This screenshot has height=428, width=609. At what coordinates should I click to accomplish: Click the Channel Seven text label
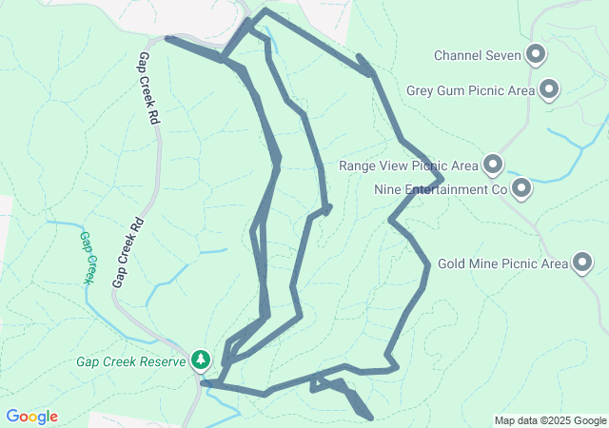tap(478, 55)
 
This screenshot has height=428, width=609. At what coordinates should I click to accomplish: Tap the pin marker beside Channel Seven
tap(537, 54)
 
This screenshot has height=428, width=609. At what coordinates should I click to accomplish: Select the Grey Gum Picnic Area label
tap(470, 91)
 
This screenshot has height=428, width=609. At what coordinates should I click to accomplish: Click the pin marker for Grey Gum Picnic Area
tap(548, 90)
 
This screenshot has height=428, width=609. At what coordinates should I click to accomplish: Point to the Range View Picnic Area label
tap(408, 165)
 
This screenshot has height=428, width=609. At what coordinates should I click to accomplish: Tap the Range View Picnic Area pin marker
tap(493, 165)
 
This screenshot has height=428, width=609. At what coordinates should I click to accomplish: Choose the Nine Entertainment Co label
tap(439, 189)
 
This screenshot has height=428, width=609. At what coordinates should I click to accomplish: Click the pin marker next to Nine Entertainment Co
tap(521, 188)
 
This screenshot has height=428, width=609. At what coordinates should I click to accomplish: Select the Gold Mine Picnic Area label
tap(502, 263)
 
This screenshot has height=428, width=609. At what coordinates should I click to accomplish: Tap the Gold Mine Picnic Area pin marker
tap(582, 263)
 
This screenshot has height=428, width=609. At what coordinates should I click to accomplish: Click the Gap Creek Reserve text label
tap(131, 361)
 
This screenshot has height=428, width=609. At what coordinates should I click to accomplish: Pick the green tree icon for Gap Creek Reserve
tap(200, 360)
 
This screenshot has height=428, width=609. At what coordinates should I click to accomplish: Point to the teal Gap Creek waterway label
tap(88, 257)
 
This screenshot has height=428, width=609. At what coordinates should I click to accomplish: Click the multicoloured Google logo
tap(31, 417)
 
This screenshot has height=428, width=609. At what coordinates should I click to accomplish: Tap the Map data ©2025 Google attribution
tap(550, 420)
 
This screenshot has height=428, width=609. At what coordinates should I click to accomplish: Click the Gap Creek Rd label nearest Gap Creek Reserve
tap(128, 252)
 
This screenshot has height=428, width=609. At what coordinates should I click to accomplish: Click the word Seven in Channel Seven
tap(503, 55)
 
